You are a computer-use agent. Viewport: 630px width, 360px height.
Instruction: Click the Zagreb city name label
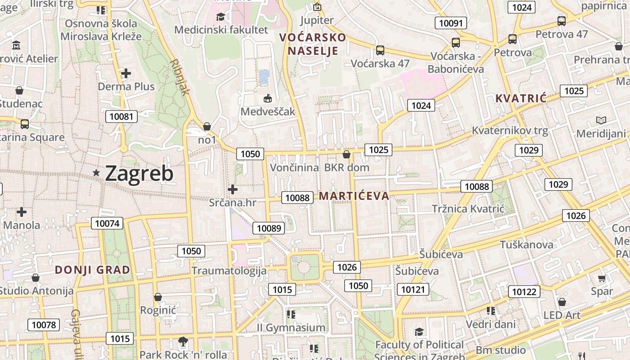(139, 174)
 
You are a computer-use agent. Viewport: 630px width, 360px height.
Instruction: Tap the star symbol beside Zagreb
(96, 173)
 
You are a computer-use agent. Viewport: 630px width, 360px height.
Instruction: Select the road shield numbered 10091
(451, 23)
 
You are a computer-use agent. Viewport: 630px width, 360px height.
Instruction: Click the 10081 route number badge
(121, 117)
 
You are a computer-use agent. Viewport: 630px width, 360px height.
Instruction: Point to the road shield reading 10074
(107, 223)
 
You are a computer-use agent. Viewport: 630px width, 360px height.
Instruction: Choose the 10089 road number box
(269, 228)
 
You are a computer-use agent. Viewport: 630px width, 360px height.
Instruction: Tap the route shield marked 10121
(413, 289)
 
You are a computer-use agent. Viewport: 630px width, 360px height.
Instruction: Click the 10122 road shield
(525, 292)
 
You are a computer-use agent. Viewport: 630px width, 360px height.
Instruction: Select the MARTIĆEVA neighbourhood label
(354, 196)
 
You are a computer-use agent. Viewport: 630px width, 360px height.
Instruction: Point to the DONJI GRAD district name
(92, 270)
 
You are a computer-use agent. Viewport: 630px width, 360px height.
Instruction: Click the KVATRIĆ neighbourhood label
(521, 98)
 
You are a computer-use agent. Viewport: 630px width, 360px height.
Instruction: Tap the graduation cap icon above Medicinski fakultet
(220, 17)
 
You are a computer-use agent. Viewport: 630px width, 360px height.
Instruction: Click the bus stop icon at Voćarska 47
(380, 50)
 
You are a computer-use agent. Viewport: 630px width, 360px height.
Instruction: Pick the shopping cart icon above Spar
(602, 279)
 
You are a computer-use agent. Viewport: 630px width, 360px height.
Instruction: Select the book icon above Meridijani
(601, 120)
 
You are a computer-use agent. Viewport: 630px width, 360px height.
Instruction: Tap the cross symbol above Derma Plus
(126, 73)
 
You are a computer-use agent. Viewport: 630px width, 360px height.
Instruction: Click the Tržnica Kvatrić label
(468, 209)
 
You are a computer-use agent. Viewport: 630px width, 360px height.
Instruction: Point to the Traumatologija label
(229, 271)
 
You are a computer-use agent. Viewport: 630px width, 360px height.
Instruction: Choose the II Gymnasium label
(291, 328)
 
